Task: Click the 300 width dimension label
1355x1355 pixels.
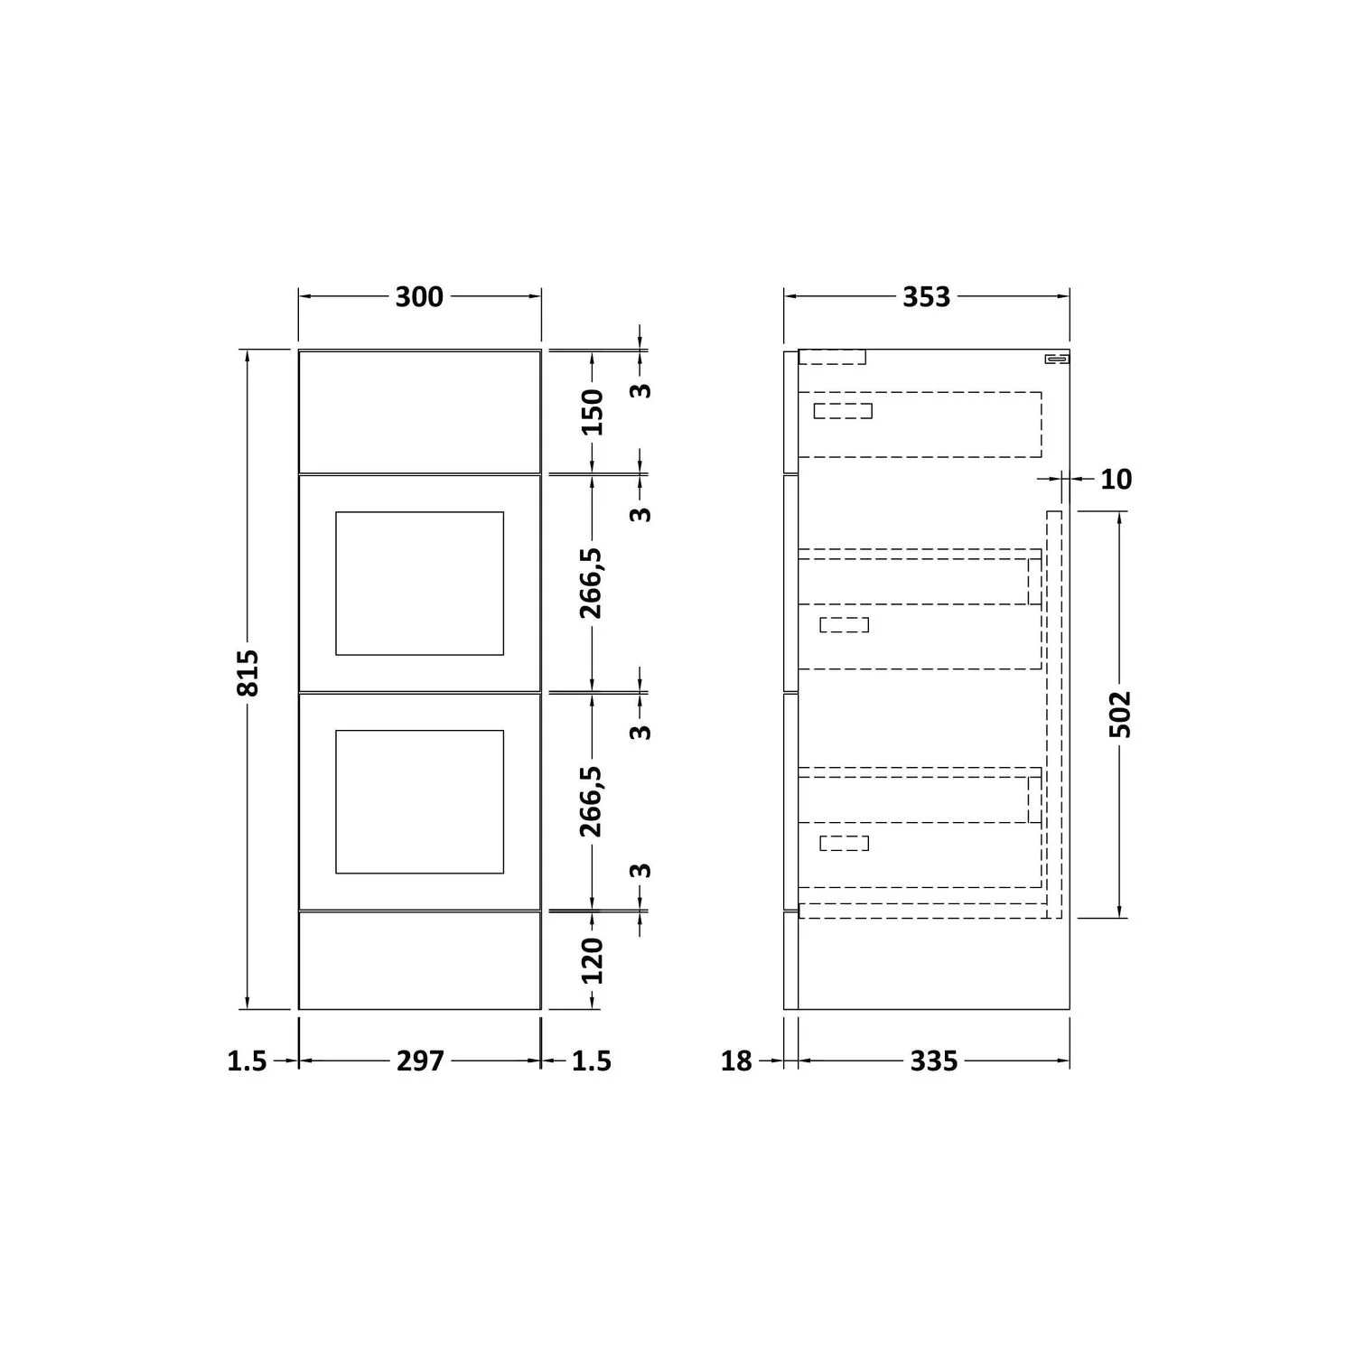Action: point(419,296)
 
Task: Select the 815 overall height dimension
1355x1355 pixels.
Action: point(248,672)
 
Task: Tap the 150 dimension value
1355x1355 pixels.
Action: point(592,411)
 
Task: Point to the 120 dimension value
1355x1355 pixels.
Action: point(592,960)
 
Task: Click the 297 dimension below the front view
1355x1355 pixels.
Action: point(420,1061)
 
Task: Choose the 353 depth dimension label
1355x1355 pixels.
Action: point(927,296)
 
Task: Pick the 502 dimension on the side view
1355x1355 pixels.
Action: point(1120,715)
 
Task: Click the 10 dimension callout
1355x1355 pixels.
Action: point(1117,479)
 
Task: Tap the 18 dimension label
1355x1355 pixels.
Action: point(736,1061)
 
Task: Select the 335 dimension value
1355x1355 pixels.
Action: point(933,1061)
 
